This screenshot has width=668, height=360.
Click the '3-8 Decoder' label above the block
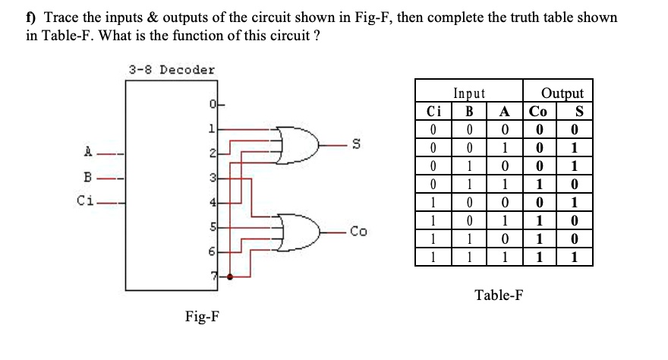(171, 70)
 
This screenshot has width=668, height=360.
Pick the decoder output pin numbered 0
(215, 103)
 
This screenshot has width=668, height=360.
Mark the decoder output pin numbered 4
(215, 203)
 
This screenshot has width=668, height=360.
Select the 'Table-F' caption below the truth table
(498, 295)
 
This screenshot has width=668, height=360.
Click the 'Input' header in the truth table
(469, 93)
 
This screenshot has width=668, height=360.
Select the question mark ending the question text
(316, 36)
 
